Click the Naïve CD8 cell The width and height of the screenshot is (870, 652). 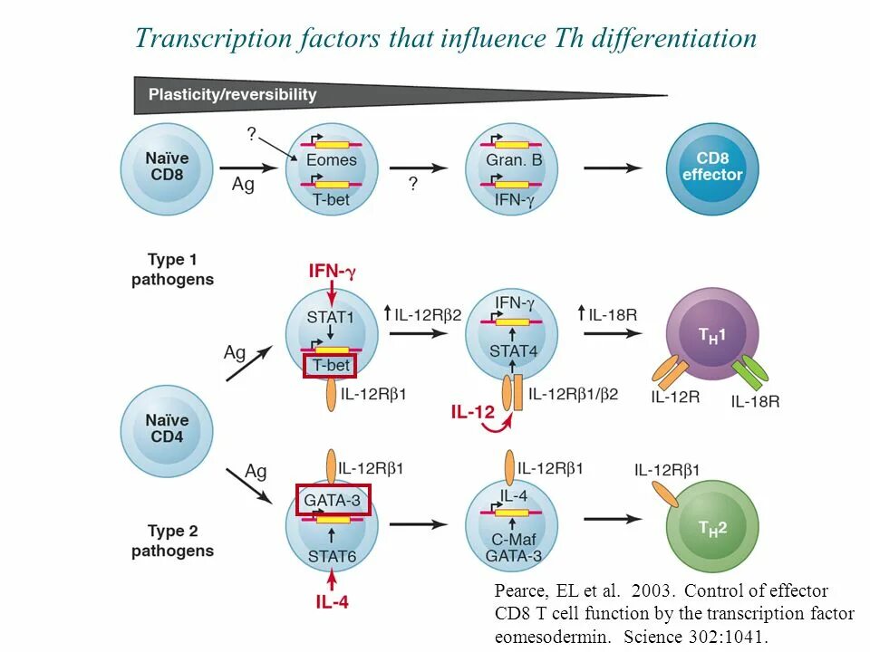point(167,168)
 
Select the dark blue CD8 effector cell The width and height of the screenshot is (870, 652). point(711,168)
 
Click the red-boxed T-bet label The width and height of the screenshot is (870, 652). point(330,366)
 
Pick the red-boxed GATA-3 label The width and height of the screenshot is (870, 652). point(333,499)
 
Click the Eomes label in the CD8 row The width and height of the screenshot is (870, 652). point(331,160)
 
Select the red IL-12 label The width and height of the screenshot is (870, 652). point(473,412)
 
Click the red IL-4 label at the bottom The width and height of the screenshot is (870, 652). point(332,600)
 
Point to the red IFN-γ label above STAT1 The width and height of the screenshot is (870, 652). point(333,271)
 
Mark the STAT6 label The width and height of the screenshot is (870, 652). point(332,554)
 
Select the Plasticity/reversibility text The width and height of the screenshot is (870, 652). point(233,94)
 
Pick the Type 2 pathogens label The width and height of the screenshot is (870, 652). point(172,541)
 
